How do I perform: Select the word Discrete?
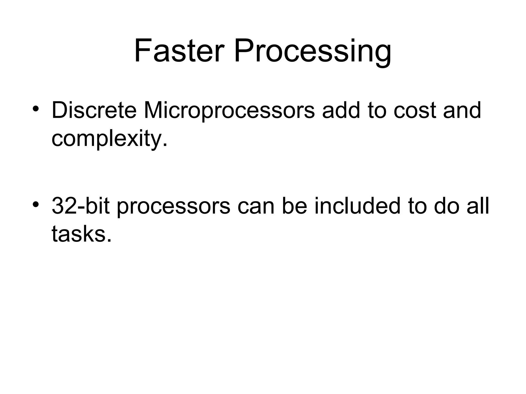(x=94, y=111)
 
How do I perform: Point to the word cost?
(x=415, y=111)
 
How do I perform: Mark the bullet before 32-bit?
(x=36, y=204)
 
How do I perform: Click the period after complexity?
(x=165, y=145)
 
